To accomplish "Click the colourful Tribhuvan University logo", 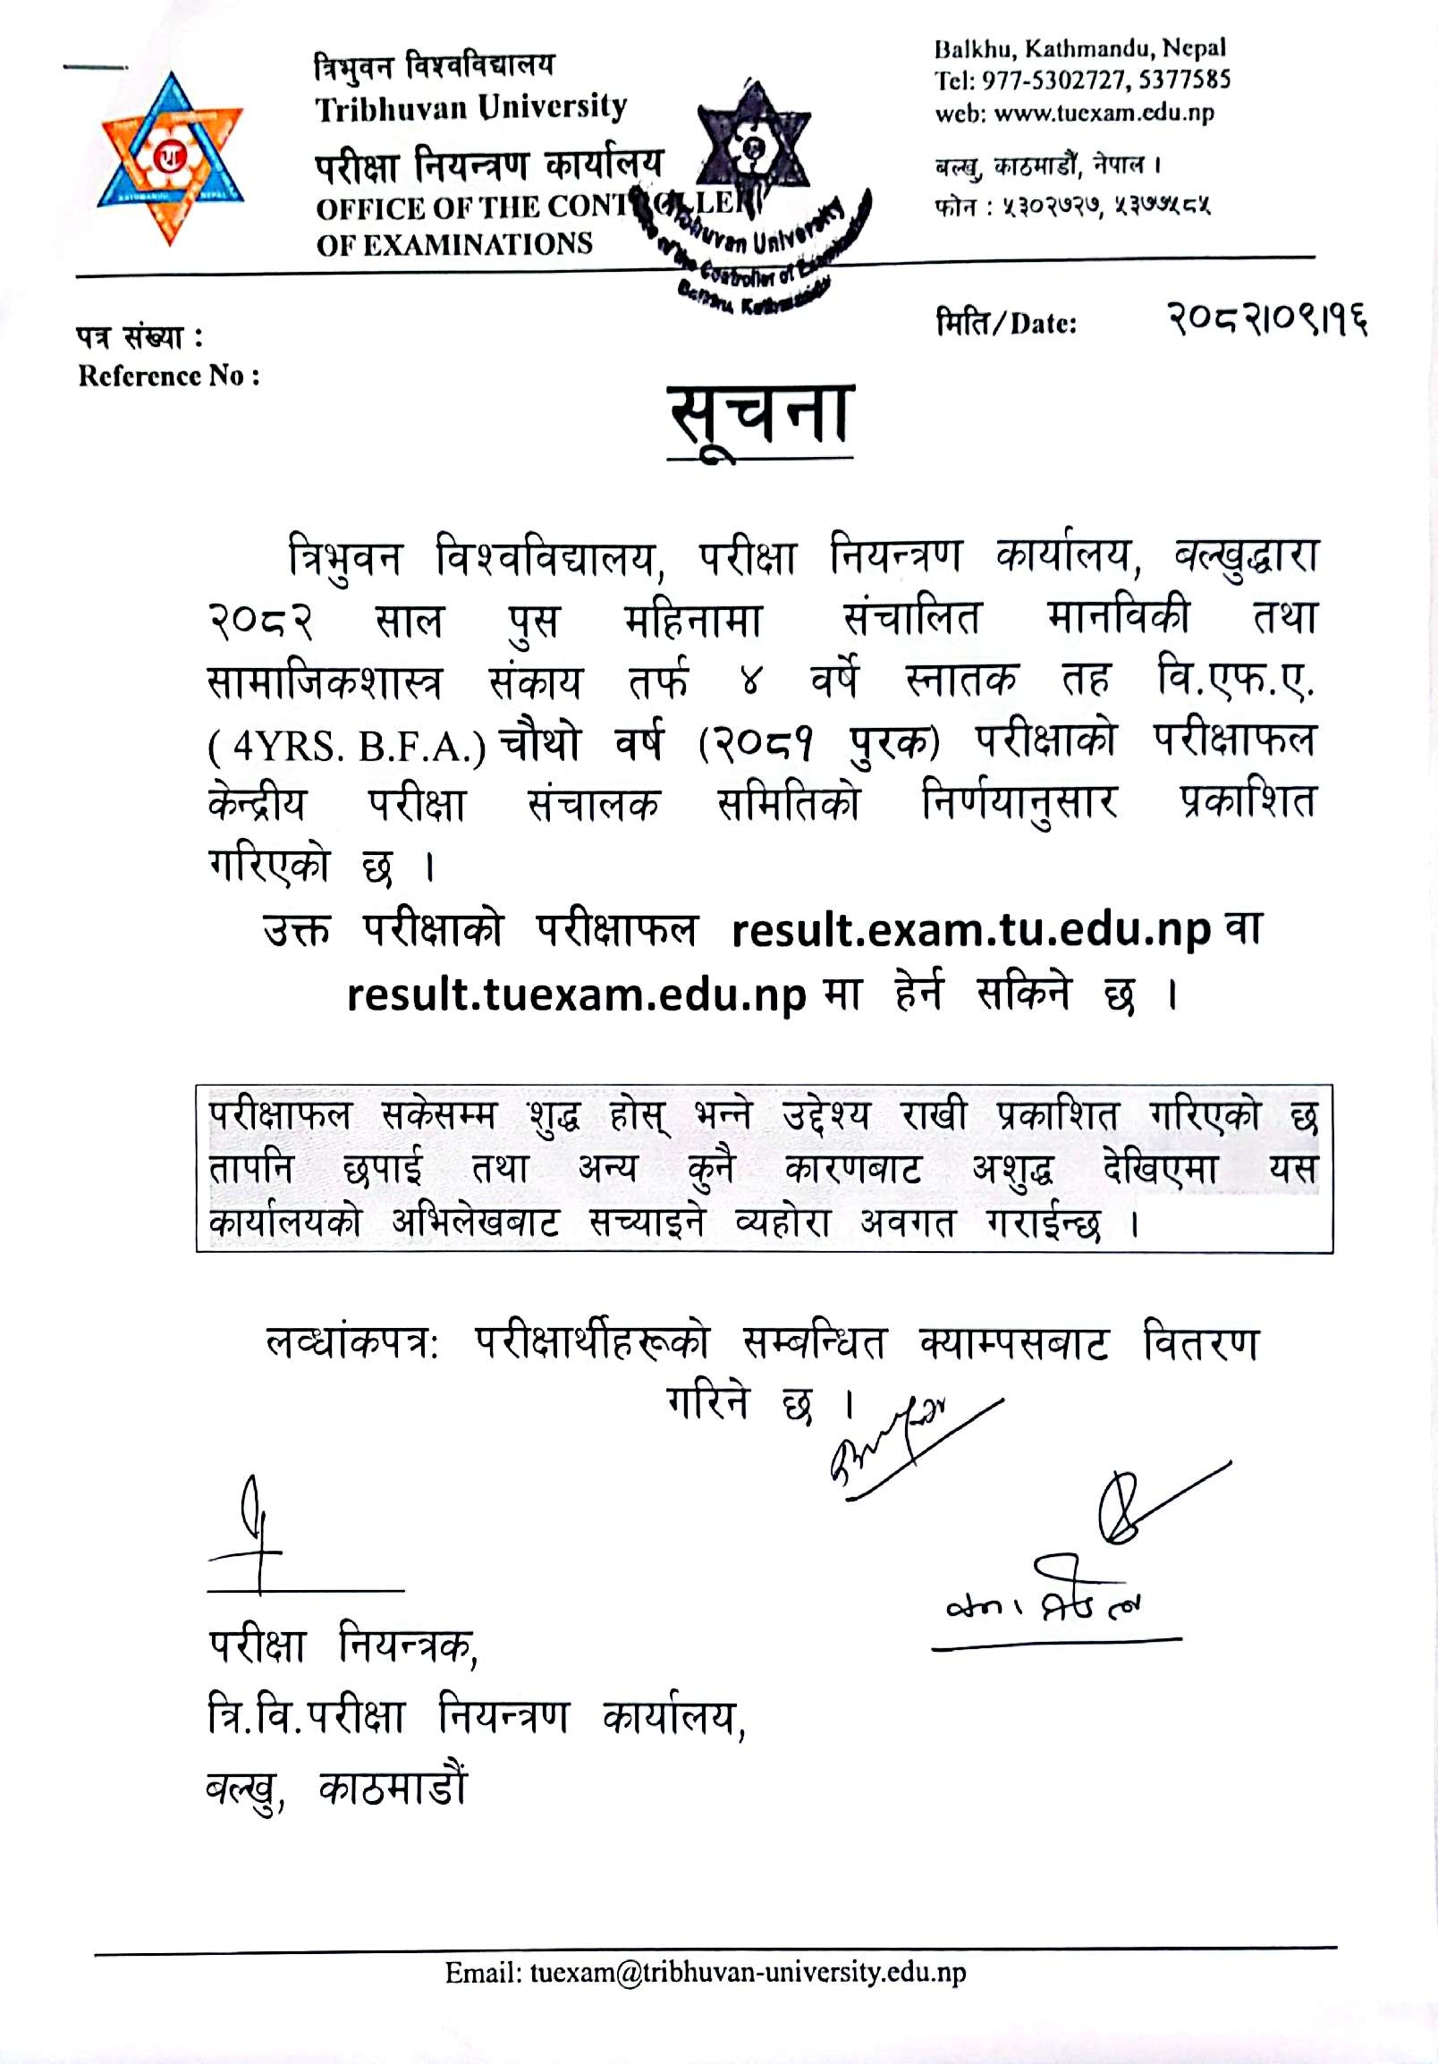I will click(169, 159).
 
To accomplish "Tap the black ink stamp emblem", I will click(755, 144).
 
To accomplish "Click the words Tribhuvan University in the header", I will click(470, 109).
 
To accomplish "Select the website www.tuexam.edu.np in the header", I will click(1104, 114).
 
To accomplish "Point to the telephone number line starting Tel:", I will click(1082, 80).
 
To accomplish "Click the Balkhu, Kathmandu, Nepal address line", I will click(1079, 48).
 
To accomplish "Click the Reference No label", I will click(169, 376).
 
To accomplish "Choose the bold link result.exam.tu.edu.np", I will click(970, 930).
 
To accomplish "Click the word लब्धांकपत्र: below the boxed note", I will click(351, 1344).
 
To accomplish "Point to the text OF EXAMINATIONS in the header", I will click(454, 244).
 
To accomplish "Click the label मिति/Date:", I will click(1006, 323).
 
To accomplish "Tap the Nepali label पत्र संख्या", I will click(140, 337).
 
